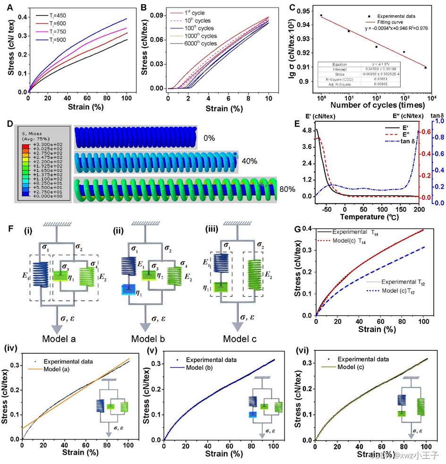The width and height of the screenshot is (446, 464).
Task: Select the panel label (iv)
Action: (x=12, y=349)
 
